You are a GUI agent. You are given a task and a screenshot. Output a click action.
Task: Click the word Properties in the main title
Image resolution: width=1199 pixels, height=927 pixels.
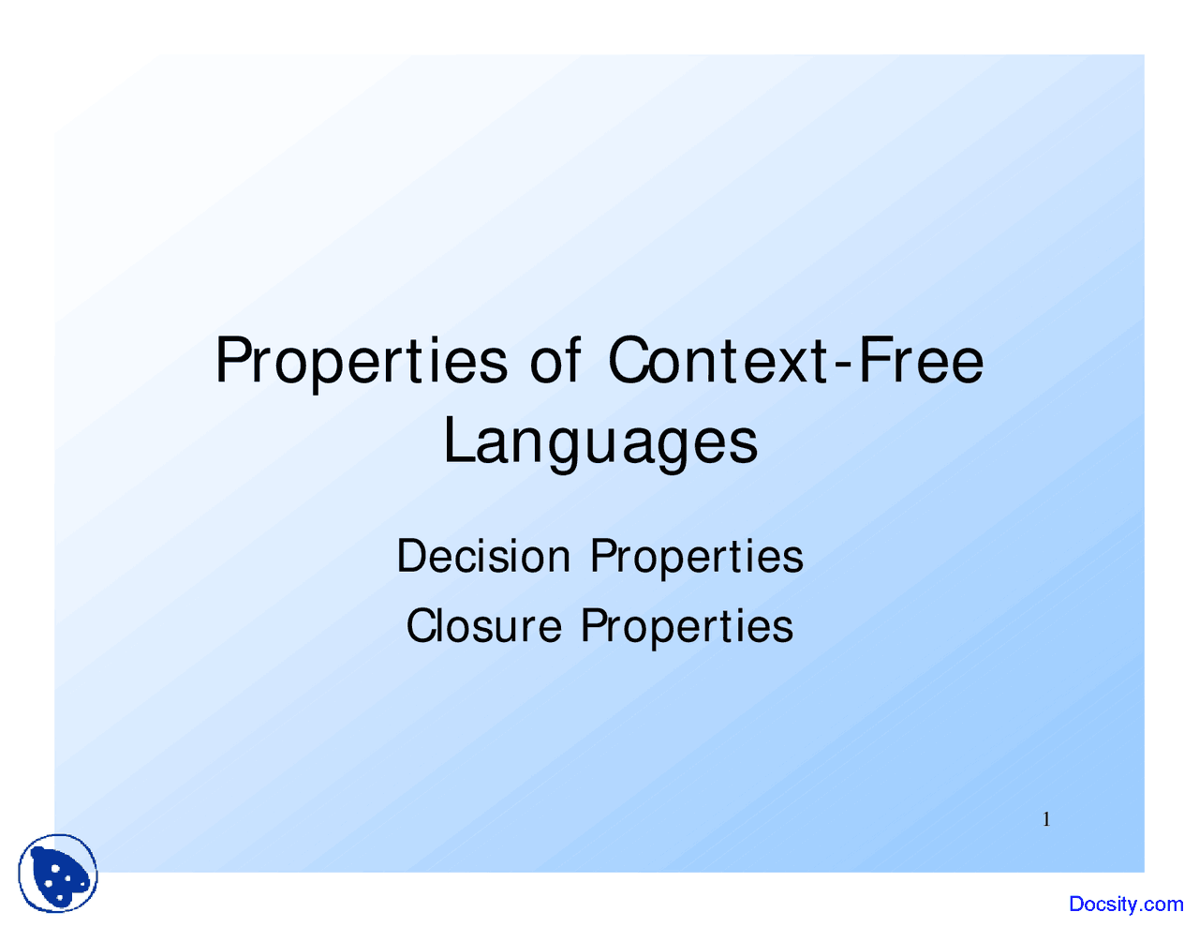[x=361, y=362]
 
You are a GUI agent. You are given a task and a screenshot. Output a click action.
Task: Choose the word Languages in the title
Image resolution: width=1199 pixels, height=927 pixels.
[x=600, y=442]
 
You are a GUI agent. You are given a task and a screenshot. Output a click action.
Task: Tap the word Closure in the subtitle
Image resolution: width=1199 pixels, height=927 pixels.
[x=484, y=626]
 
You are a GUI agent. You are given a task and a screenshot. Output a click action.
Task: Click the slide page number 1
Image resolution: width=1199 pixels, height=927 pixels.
[x=1046, y=819]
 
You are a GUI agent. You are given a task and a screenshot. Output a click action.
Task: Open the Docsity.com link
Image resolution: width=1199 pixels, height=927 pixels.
[x=1126, y=904]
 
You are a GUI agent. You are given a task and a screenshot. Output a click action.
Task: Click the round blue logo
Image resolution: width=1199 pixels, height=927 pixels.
[x=58, y=873]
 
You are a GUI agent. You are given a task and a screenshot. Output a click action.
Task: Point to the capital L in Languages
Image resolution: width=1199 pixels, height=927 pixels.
[x=458, y=440]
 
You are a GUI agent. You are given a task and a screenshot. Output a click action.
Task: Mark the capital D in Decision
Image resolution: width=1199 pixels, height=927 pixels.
[x=411, y=557]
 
